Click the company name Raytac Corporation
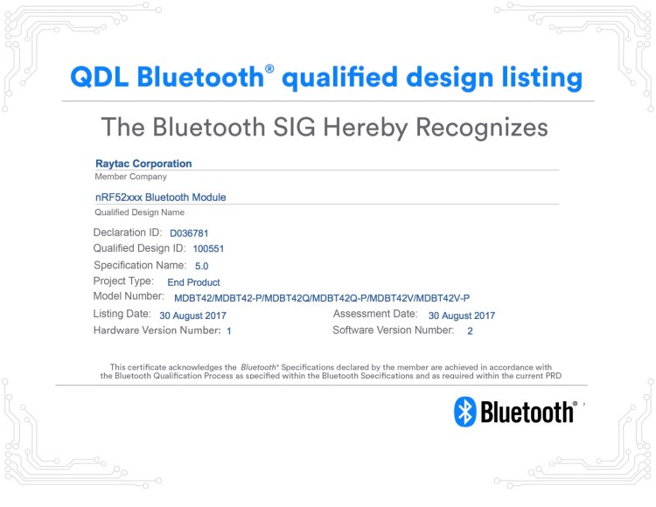[x=143, y=163]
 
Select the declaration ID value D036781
[x=190, y=233]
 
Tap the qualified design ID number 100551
[x=208, y=249]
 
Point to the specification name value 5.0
[x=202, y=266]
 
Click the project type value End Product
[x=193, y=282]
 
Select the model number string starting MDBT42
[x=322, y=298]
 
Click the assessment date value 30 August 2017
[x=462, y=315]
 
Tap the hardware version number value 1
[x=229, y=331]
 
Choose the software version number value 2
[x=470, y=331]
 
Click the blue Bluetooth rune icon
[x=464, y=412]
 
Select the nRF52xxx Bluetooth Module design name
[x=160, y=198]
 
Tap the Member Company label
[x=130, y=177]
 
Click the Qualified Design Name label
[x=139, y=212]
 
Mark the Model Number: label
[x=129, y=297]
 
